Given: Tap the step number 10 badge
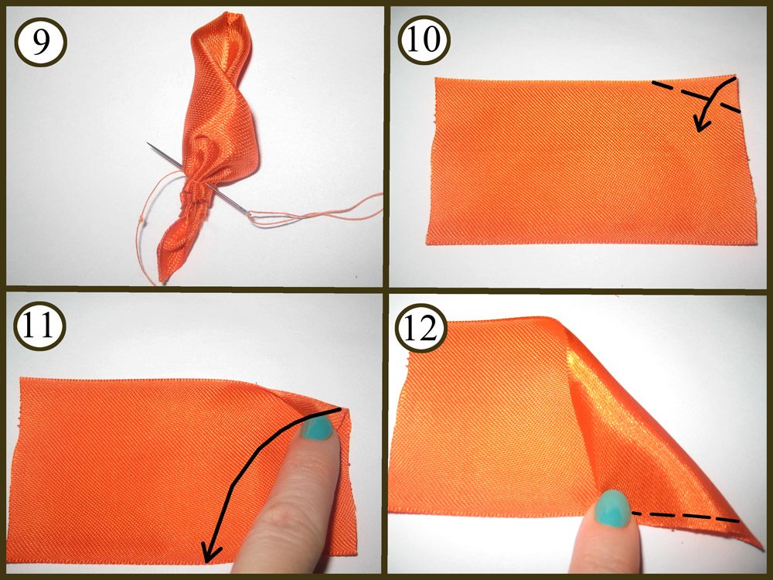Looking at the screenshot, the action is tap(424, 39).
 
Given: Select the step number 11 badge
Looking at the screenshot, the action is tap(39, 326).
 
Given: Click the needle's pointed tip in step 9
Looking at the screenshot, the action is tap(148, 144).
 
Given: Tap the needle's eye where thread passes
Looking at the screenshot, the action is tap(249, 213).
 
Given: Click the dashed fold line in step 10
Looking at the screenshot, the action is tap(696, 95).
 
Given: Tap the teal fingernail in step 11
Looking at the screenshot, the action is tap(317, 427).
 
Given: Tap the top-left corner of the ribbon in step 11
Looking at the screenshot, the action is tap(21, 379).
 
